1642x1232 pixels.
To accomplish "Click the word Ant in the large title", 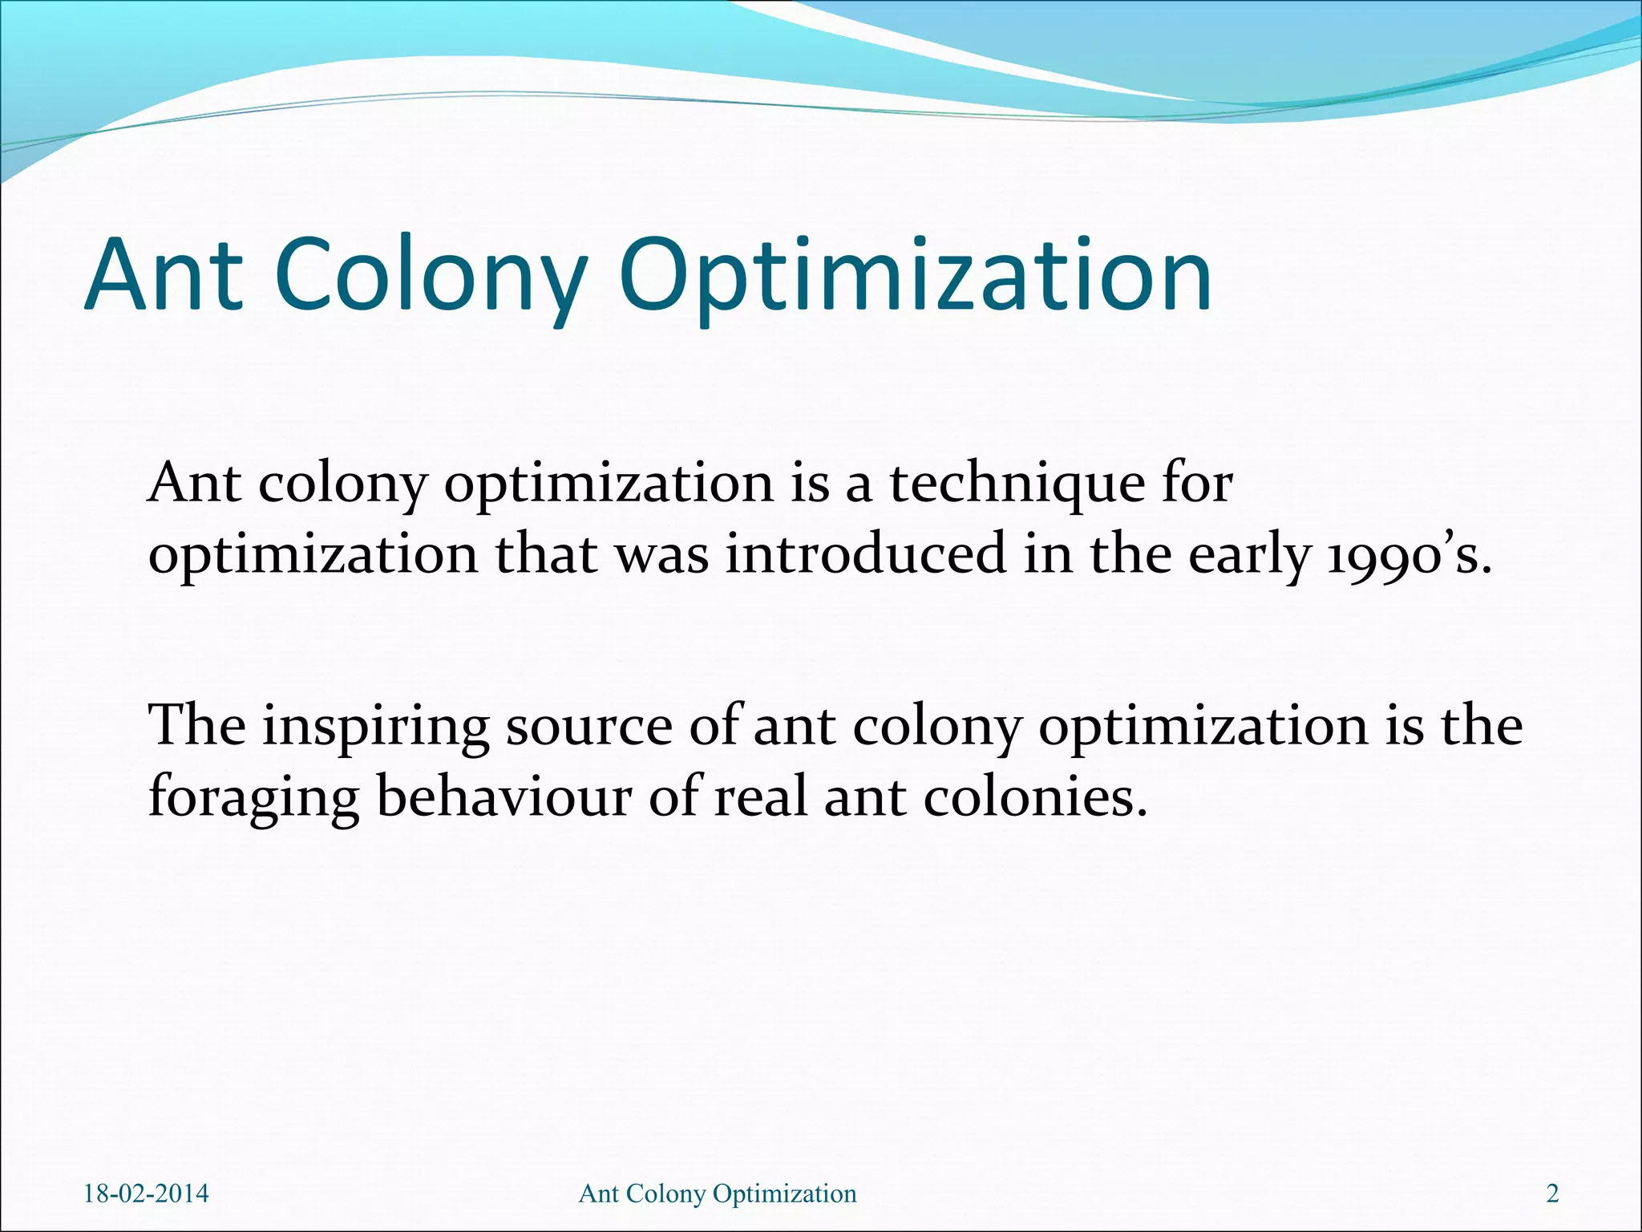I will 164,275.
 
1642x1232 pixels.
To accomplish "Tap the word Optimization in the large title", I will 915,275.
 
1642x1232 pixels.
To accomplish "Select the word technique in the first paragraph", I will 1017,484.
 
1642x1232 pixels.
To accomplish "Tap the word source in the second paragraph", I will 588,726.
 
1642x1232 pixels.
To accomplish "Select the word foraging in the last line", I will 253,798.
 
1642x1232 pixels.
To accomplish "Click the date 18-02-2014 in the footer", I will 146,1193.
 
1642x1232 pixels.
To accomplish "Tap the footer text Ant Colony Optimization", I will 718,1193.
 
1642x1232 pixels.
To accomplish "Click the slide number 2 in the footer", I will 1552,1193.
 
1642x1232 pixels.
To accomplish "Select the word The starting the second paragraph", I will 197,726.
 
